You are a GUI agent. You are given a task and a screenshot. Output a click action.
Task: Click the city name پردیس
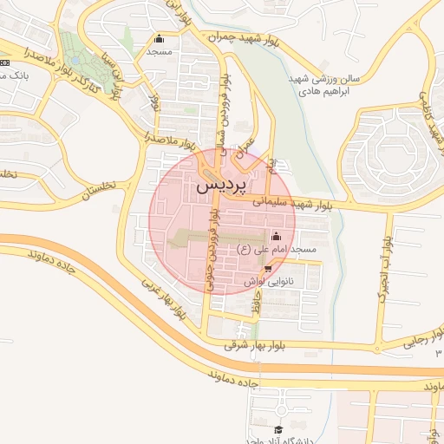(x=221, y=185)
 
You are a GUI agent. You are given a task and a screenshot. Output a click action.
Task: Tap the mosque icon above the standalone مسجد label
(x=159, y=39)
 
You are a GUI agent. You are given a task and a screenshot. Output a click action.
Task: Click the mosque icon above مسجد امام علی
(x=277, y=236)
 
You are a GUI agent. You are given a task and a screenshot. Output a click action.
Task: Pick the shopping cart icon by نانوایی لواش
(x=267, y=268)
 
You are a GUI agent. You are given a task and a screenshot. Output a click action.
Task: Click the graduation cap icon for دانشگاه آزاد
(x=278, y=429)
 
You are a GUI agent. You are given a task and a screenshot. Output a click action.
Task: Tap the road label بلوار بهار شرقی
(x=261, y=345)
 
